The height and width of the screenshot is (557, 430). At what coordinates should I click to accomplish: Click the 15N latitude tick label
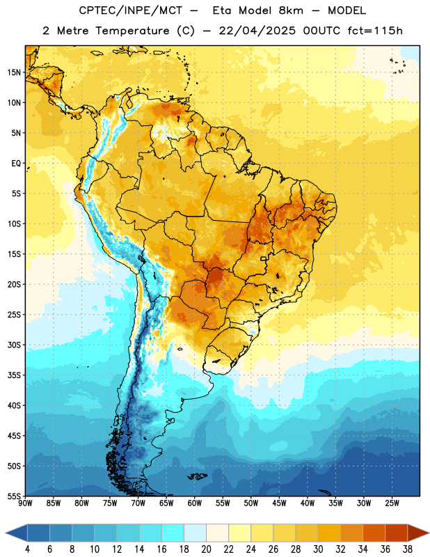pos(14,72)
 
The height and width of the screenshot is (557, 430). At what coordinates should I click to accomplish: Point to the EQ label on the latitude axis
pos(16,164)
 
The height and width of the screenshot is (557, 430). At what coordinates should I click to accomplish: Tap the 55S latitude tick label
pos(14,496)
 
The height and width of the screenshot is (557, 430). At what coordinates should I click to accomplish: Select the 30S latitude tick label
pos(14,345)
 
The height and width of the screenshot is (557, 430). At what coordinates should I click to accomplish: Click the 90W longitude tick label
pos(25,503)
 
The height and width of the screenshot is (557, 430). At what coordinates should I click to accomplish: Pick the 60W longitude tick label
pos(195,503)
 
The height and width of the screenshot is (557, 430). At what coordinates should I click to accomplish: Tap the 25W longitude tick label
pos(392,503)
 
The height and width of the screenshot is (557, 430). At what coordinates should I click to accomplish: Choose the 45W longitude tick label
pos(279,503)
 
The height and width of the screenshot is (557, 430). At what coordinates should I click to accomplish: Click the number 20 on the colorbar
pos(206,549)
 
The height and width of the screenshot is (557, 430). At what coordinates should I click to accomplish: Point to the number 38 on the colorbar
pos(407,549)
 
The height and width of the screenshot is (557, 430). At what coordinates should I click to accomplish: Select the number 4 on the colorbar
pos(27,549)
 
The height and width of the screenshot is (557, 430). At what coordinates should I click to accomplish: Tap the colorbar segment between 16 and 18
pos(173,533)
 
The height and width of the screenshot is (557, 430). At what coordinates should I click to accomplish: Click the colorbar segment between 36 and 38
pos(397,533)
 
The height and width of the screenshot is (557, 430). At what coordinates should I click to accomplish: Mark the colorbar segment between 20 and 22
pos(217,533)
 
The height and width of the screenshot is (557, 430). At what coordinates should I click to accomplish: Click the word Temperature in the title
pos(132,31)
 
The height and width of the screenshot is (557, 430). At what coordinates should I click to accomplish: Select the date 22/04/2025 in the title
pos(257,31)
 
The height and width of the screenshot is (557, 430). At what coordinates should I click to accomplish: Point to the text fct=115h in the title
pos(375,31)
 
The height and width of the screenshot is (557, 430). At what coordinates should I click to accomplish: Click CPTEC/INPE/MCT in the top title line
pos(130,10)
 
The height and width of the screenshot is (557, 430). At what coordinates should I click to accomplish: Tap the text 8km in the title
pos(291,10)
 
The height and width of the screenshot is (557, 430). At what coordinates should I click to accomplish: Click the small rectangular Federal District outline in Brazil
pos(264,258)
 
